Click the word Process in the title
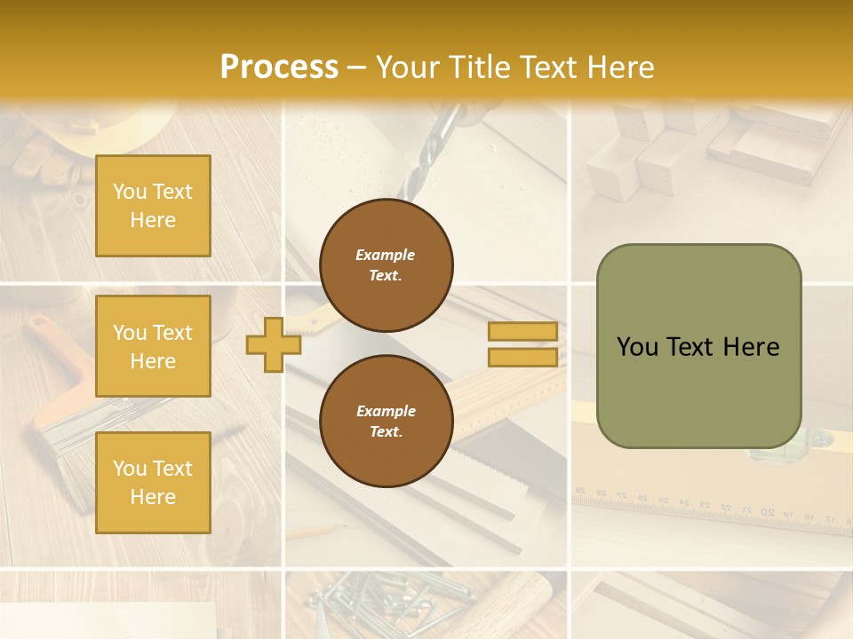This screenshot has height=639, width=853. [x=279, y=67]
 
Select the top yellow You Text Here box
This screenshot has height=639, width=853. [x=153, y=206]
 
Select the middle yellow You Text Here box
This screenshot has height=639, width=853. [x=153, y=346]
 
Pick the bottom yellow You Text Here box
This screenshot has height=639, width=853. [x=153, y=482]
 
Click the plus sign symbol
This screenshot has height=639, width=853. [x=274, y=344]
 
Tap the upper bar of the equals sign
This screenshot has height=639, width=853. [x=522, y=332]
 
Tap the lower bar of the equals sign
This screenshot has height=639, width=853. [x=522, y=357]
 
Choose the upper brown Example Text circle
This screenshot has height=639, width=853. [x=386, y=264]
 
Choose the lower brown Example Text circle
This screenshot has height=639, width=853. [x=386, y=421]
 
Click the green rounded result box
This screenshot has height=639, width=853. [x=698, y=346]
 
